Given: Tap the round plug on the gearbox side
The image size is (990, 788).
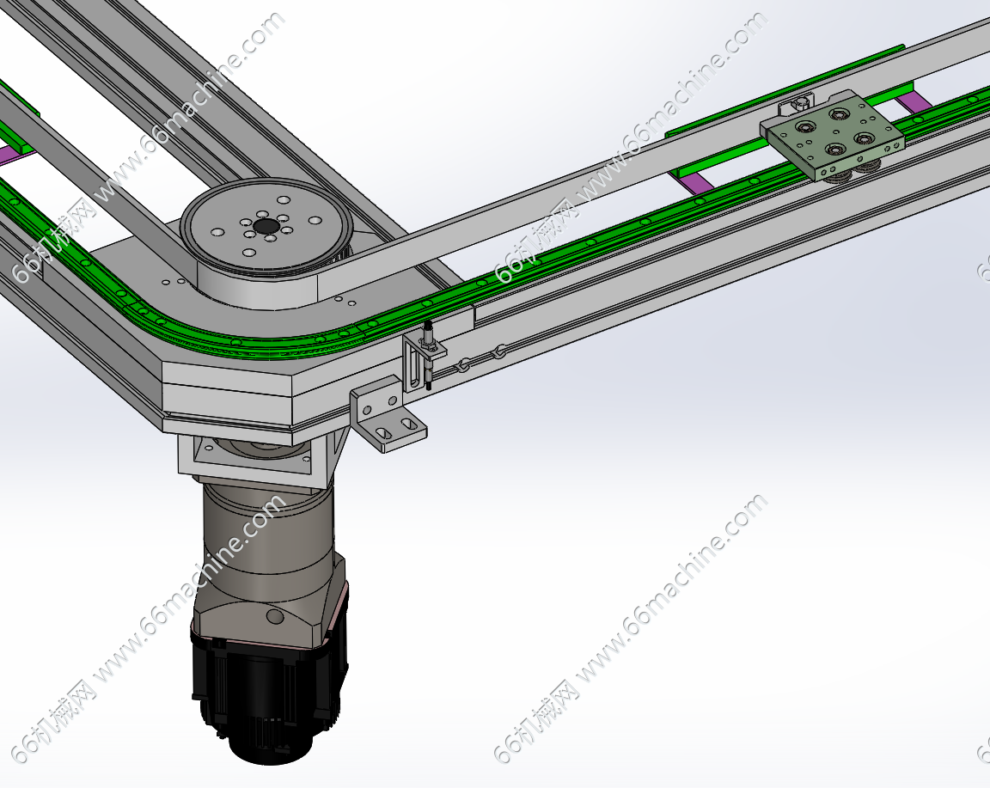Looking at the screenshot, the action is pos(274,615).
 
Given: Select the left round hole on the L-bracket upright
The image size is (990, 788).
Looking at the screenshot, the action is pos(376,406).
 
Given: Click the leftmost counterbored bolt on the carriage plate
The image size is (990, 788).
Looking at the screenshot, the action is pos(804,128).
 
